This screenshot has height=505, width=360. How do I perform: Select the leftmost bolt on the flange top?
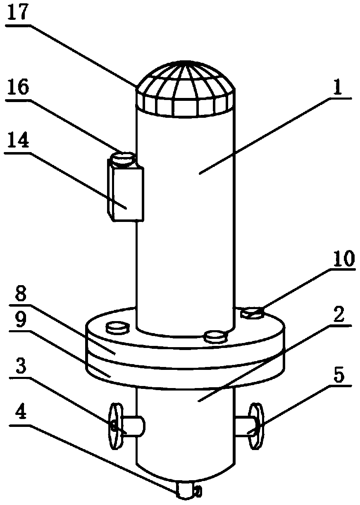(117, 328)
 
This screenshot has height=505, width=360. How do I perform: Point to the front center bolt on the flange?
(216, 336)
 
